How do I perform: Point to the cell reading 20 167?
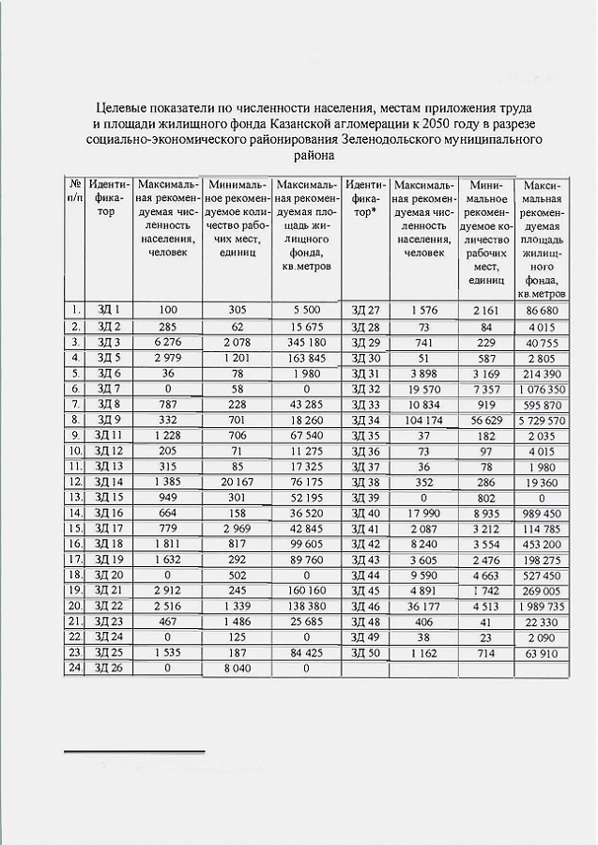(237, 482)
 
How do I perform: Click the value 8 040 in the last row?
(237, 668)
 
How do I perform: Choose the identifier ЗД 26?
(109, 668)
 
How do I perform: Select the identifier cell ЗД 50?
(364, 653)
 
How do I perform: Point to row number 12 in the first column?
(75, 482)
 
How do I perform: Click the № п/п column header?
(75, 191)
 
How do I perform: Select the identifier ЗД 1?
(109, 309)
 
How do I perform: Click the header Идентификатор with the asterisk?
(364, 199)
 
